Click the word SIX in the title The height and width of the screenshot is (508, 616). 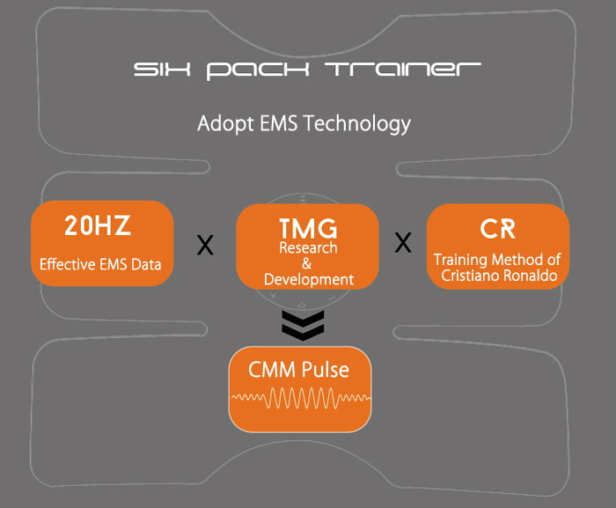[x=162, y=70]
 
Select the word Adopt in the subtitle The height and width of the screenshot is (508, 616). [x=222, y=122]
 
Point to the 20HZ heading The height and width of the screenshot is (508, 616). [x=97, y=226]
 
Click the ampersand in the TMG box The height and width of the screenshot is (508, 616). [x=307, y=263]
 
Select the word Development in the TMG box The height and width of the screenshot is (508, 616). [x=308, y=279]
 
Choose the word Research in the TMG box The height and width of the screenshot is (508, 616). [x=308, y=248]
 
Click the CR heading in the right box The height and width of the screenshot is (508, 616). [x=497, y=229]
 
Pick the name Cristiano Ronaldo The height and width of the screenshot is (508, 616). [x=498, y=275]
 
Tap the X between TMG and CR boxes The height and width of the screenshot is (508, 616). [x=402, y=243]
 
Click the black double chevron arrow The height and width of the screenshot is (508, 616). [x=303, y=325]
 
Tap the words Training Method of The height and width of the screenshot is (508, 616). [x=498, y=260]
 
